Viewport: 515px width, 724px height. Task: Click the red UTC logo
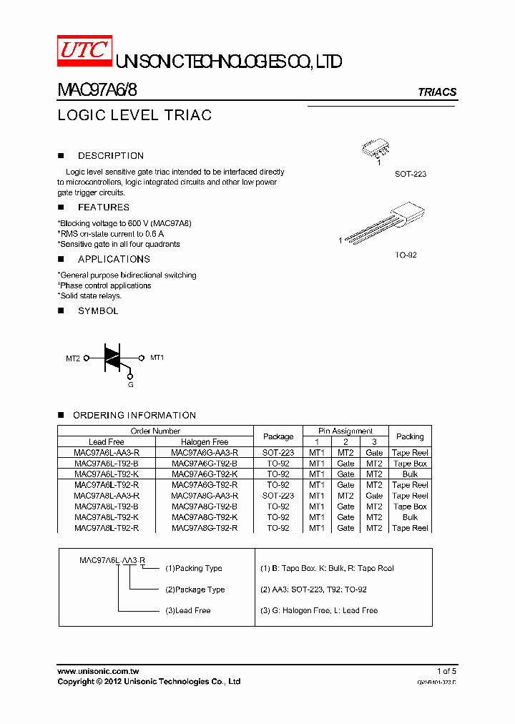[84, 49]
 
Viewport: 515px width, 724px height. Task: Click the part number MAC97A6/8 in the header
[97, 91]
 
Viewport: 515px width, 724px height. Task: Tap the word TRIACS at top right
[436, 92]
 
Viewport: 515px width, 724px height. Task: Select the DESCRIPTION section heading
[110, 155]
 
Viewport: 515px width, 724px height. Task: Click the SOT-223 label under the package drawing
[410, 174]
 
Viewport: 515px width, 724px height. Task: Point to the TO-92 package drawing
[386, 227]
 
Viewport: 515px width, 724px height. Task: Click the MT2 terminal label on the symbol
[73, 358]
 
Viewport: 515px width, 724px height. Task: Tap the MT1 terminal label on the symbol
[157, 357]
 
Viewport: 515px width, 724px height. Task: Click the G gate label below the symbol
[130, 384]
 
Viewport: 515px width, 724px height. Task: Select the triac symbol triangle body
[113, 358]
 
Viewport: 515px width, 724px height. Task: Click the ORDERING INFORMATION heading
[134, 415]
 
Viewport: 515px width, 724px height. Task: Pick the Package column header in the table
[278, 436]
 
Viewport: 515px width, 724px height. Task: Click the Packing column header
[410, 436]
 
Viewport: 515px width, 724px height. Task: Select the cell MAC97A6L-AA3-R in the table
[107, 453]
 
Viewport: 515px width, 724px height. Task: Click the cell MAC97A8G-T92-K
[205, 517]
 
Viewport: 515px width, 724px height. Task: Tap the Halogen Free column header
[205, 442]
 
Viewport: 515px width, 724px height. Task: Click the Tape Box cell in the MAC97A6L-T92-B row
[410, 464]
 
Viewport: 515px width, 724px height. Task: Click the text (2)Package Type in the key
[195, 590]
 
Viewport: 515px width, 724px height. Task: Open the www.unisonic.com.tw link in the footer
[98, 671]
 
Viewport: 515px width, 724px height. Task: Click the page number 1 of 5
[446, 671]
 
